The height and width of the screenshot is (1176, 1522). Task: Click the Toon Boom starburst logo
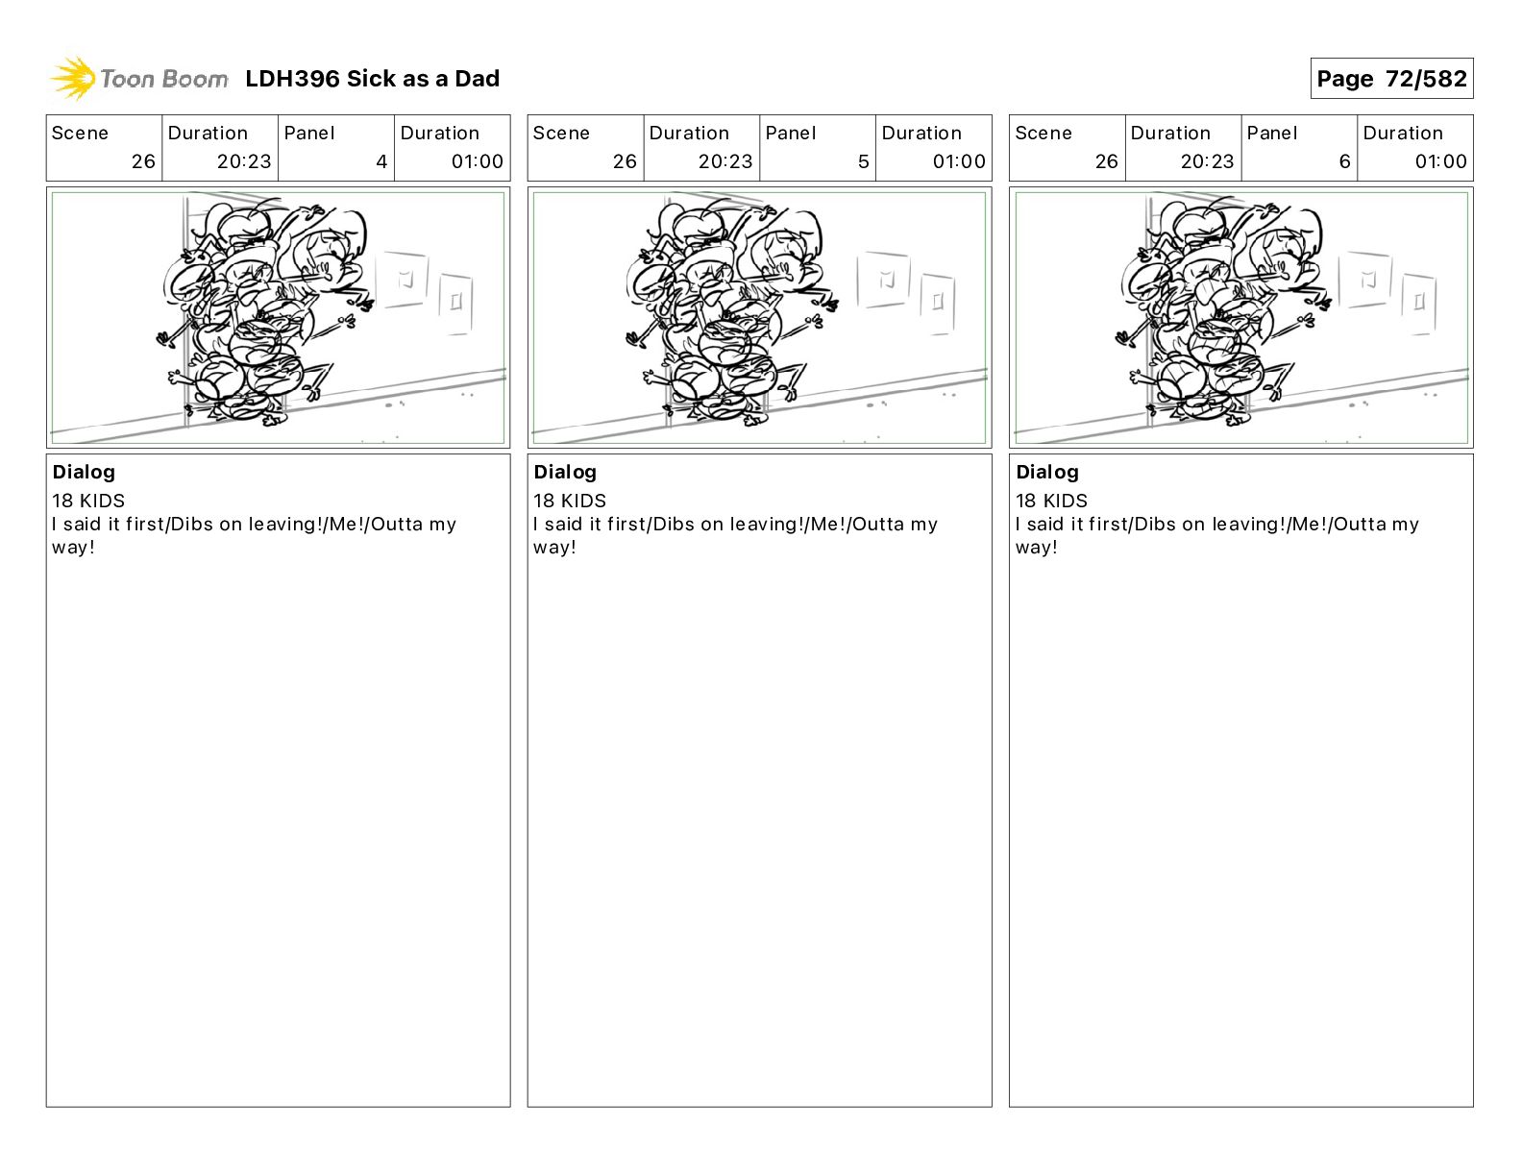73,78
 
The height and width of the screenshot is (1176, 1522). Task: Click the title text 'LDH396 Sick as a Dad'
372,79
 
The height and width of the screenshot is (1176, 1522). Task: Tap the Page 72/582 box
1391,79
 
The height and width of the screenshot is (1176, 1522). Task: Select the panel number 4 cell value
381,161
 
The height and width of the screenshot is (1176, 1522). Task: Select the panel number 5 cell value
863,161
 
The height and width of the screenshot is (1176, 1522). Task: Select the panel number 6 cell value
1344,161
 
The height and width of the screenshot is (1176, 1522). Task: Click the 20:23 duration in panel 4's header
244,161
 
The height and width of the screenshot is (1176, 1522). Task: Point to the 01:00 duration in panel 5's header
959,161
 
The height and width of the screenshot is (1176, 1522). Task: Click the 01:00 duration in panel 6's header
1440,161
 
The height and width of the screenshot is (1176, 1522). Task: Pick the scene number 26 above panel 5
625,161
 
